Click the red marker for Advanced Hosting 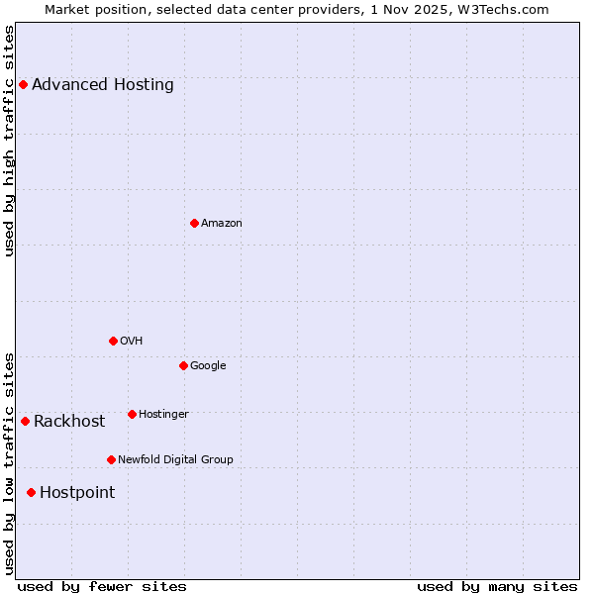click(x=23, y=84)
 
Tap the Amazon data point click(x=194, y=223)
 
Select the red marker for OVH click(x=113, y=341)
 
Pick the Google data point click(x=183, y=365)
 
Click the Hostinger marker click(x=132, y=414)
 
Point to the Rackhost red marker click(x=25, y=421)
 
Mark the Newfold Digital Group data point click(x=111, y=459)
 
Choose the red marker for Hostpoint click(x=31, y=492)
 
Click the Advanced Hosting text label click(x=103, y=84)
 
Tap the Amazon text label click(x=222, y=224)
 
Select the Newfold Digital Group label click(x=175, y=459)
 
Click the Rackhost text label click(x=69, y=422)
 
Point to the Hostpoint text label click(x=77, y=493)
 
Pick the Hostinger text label click(x=163, y=414)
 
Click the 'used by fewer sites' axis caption click(x=102, y=586)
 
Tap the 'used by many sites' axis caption click(x=497, y=586)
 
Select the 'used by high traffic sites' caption click(x=9, y=141)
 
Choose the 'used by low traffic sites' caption click(x=9, y=462)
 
